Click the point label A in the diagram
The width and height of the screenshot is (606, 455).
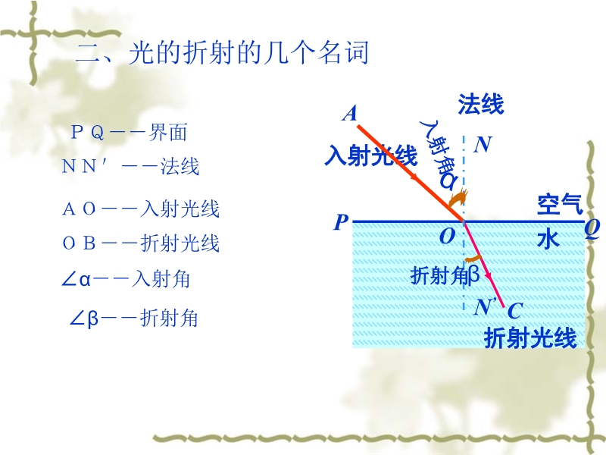point(350,114)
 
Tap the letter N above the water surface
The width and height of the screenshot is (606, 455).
point(483,145)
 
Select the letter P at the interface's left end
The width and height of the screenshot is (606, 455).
point(340,222)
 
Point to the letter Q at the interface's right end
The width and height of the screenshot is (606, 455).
point(592,229)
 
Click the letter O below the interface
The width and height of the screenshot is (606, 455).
point(448,236)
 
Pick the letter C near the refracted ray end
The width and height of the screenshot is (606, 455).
point(515,311)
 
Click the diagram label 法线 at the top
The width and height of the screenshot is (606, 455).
point(481,104)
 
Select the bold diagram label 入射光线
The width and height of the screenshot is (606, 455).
point(371,155)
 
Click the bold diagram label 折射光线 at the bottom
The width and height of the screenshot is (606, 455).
point(530,337)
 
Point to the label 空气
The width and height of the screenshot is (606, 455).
point(560,204)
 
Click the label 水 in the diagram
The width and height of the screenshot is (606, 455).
point(548,239)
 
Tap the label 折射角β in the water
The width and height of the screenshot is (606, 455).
point(445,275)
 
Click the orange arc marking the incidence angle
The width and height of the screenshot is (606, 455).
point(459,198)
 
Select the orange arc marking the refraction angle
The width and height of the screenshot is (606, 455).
point(473,258)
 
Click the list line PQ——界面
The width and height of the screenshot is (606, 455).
point(130,132)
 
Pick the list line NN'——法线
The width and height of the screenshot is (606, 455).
point(130,166)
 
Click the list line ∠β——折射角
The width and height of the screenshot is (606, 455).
point(133,318)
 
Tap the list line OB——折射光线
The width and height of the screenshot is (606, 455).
point(141,243)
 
